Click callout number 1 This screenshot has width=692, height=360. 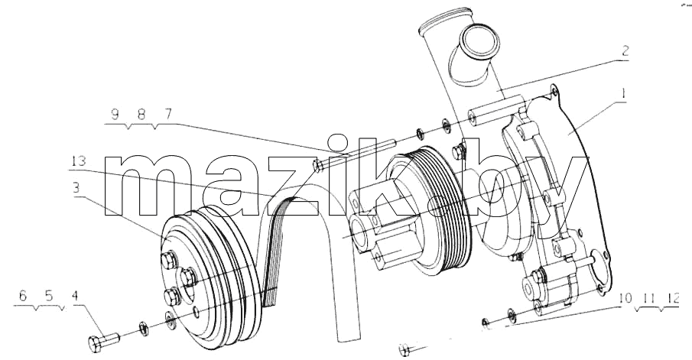pyautogui.click(x=623, y=94)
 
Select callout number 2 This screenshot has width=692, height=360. pyautogui.click(x=625, y=51)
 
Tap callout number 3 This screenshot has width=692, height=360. pyautogui.click(x=76, y=188)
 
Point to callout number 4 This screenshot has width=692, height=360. pyautogui.click(x=75, y=296)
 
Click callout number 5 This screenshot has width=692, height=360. pyautogui.click(x=49, y=296)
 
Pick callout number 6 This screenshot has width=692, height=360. pyautogui.click(x=23, y=296)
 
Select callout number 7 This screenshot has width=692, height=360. pyautogui.click(x=167, y=114)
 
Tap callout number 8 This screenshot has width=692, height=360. pyautogui.click(x=141, y=114)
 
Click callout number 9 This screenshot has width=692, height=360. pyautogui.click(x=115, y=114)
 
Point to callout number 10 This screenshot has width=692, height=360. pyautogui.click(x=625, y=299)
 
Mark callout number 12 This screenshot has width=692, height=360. pyautogui.click(x=673, y=299)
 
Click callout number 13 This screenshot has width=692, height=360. pyautogui.click(x=77, y=161)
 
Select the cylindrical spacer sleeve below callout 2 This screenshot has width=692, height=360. pyautogui.click(x=497, y=112)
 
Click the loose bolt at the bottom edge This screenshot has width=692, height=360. pyautogui.click(x=411, y=349)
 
